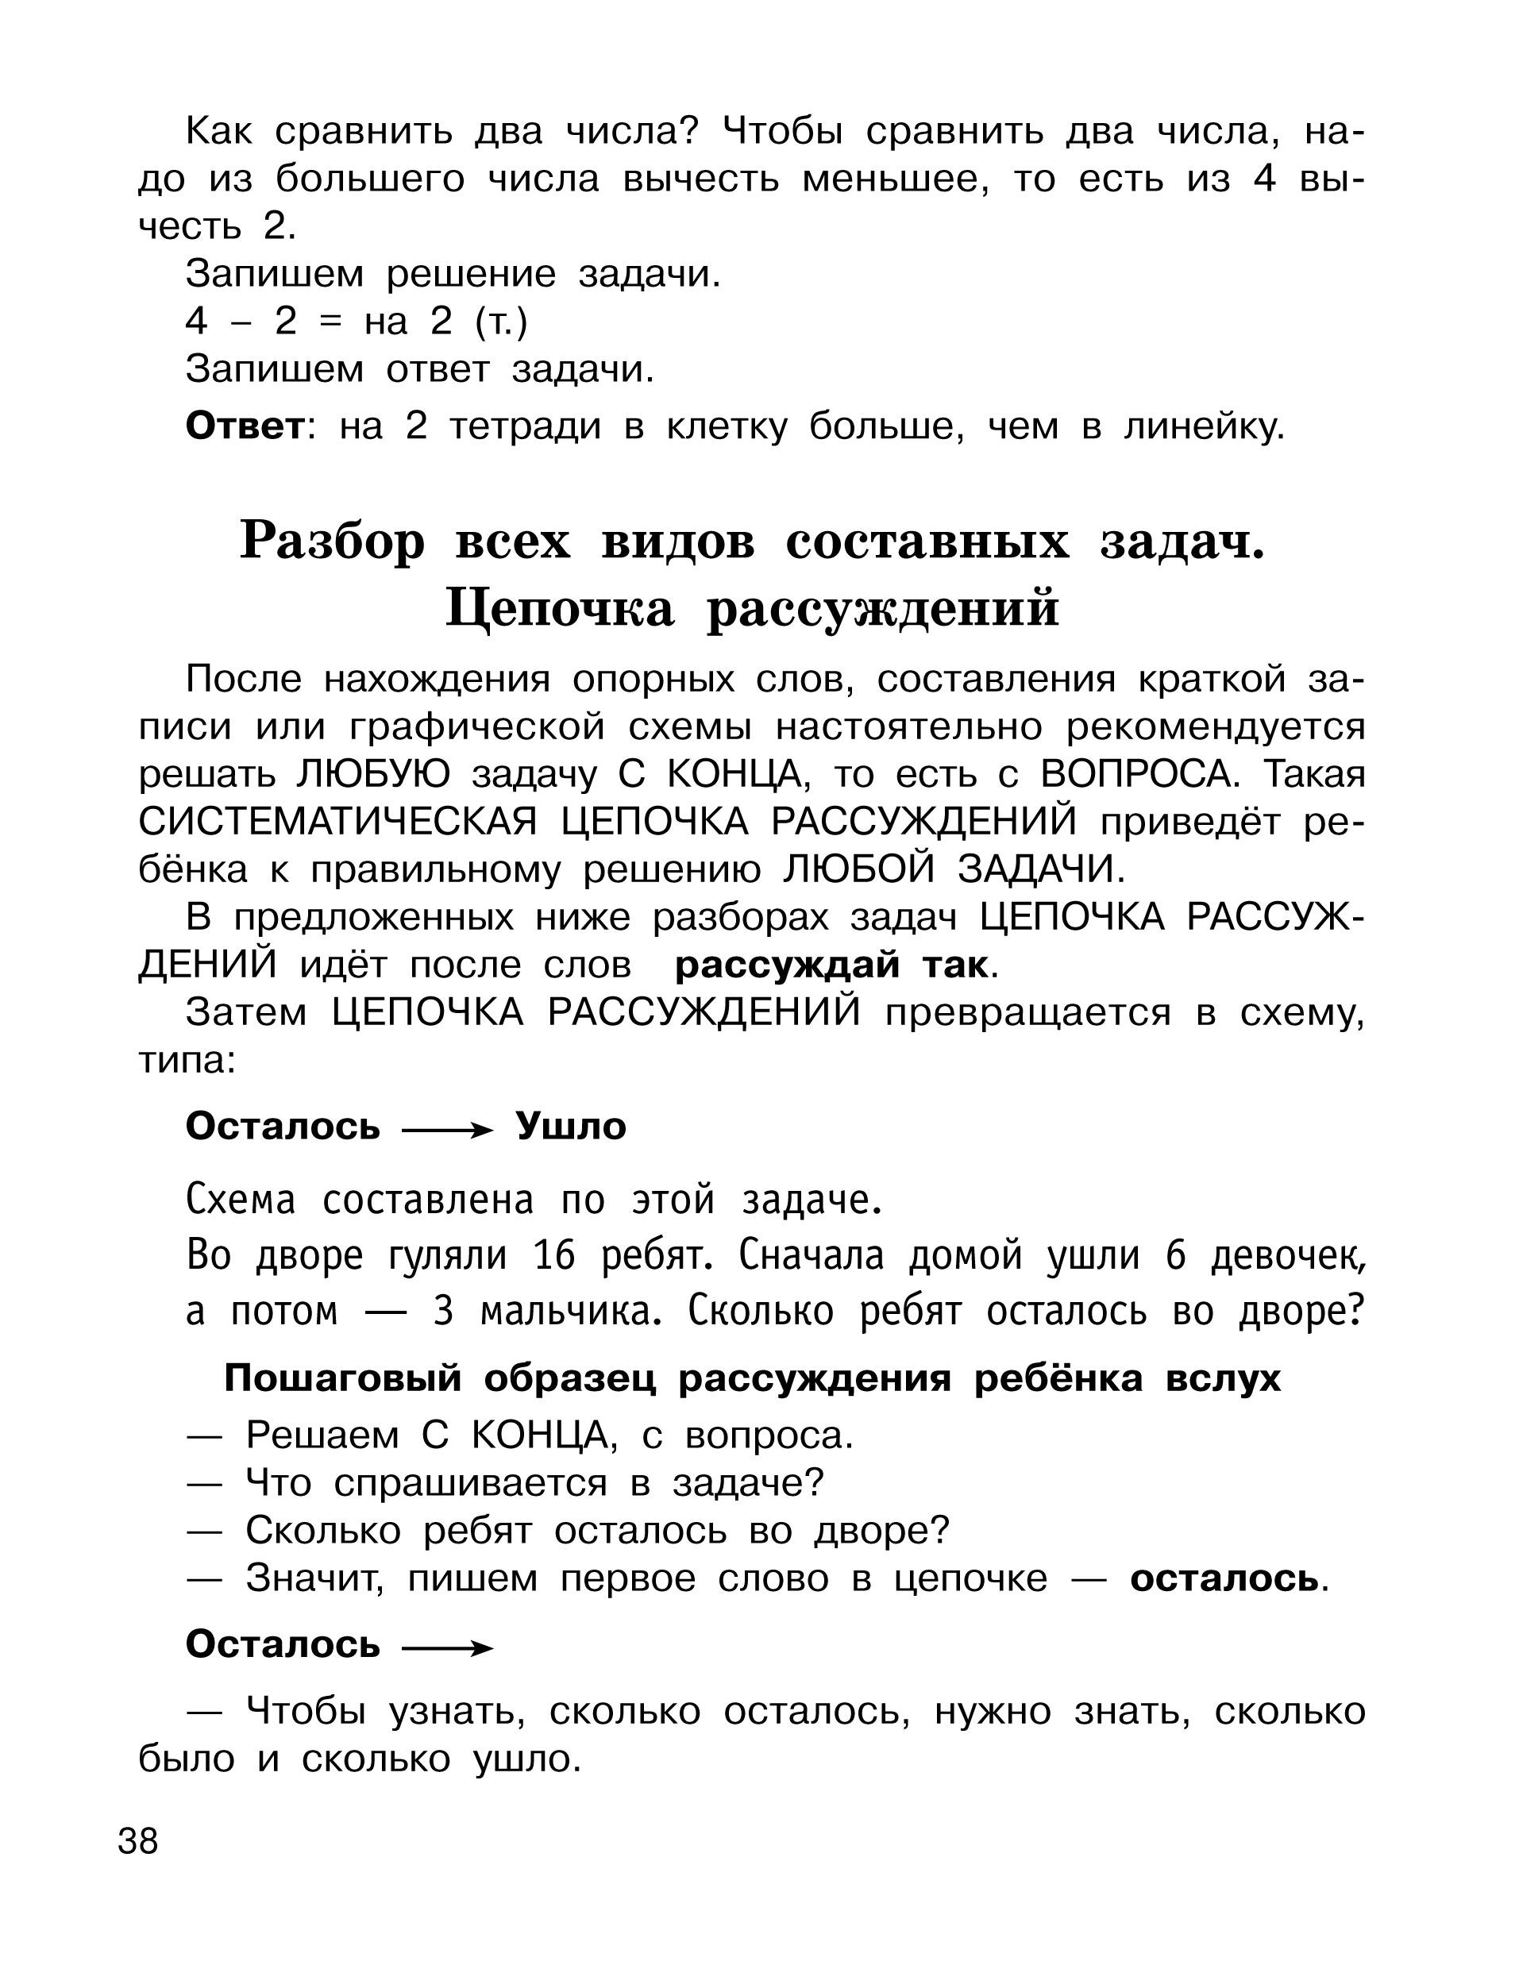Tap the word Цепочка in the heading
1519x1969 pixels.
559,608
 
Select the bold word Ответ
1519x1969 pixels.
245,426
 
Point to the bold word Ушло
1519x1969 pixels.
571,1127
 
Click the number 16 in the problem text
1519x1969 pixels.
553,1256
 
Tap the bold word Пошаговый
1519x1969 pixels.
342,1378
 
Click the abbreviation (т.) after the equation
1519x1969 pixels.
500,322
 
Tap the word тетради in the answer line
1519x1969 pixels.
525,426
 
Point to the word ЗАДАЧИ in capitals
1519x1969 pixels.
1040,870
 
